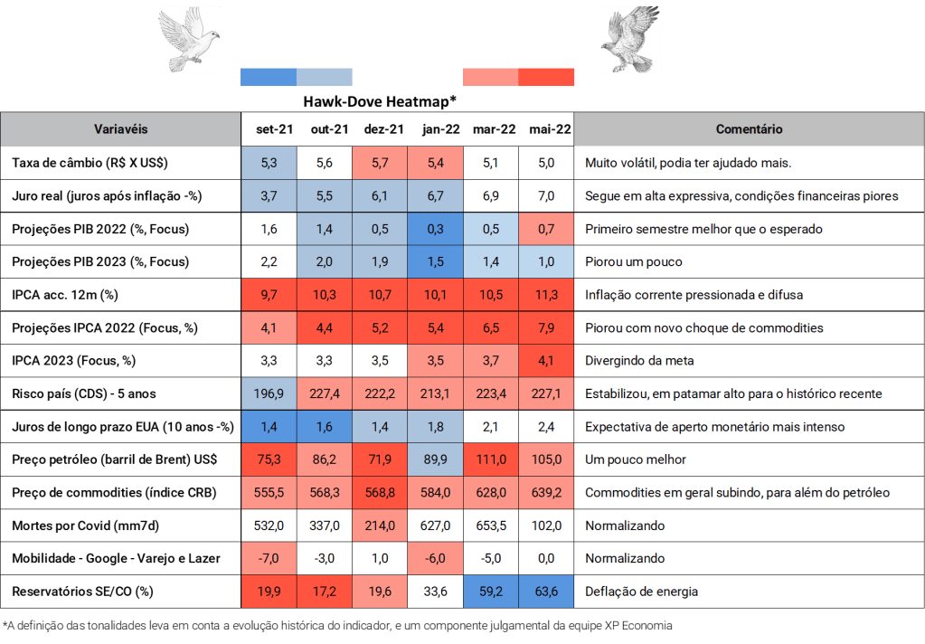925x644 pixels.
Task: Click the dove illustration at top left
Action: point(190,39)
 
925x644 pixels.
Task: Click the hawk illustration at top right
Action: point(628,39)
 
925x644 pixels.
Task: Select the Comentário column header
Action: point(749,129)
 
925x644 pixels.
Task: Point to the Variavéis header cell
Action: point(120,129)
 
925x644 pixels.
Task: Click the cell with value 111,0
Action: point(492,459)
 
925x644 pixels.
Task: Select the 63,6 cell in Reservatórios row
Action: point(547,592)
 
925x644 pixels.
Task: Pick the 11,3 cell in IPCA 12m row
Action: point(547,295)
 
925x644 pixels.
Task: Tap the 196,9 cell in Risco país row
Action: point(269,393)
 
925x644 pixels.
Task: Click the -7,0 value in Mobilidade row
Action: point(269,558)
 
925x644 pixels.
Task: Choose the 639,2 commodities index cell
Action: point(547,492)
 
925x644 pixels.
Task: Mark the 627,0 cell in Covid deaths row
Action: point(436,526)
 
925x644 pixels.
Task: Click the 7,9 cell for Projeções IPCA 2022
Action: point(547,327)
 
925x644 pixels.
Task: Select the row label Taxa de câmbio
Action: point(90,163)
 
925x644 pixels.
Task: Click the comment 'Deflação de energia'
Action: point(642,592)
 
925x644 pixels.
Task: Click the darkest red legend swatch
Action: point(547,77)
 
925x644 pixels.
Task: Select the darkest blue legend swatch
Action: point(269,77)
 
